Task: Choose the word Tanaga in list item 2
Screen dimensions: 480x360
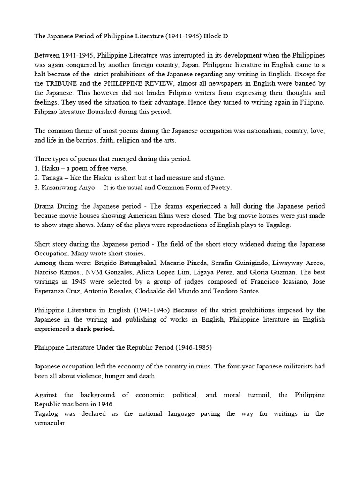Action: pyautogui.click(x=53, y=178)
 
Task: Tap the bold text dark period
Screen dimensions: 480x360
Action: pyautogui.click(x=96, y=330)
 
